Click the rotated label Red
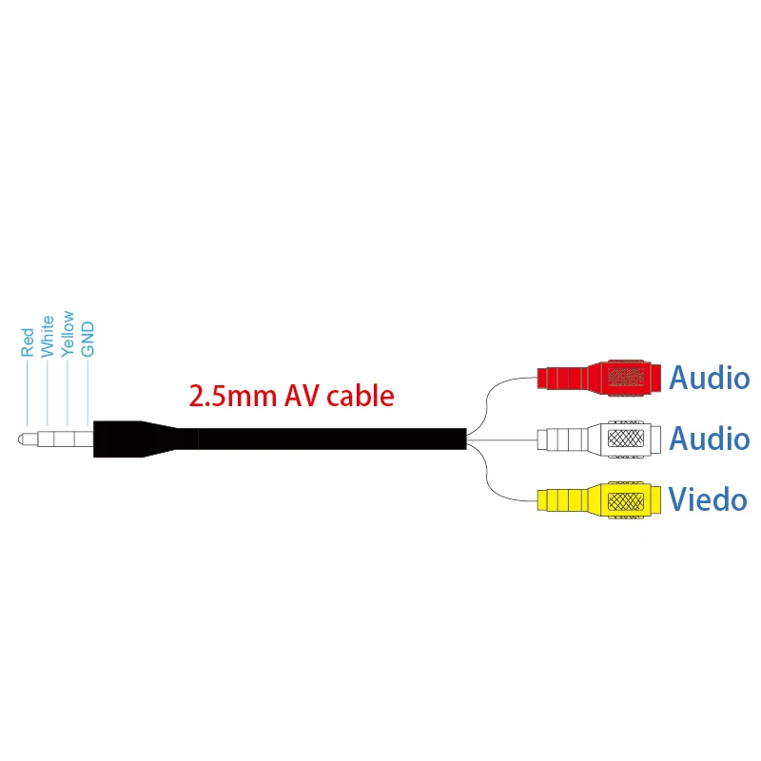28,341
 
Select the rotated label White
48,336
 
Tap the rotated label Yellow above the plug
68,333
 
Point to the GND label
88,339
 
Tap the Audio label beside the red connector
710,378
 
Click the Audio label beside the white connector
710,439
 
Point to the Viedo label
708,499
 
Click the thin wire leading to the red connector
495,390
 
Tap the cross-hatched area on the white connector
625,439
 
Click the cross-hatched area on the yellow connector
625,499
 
